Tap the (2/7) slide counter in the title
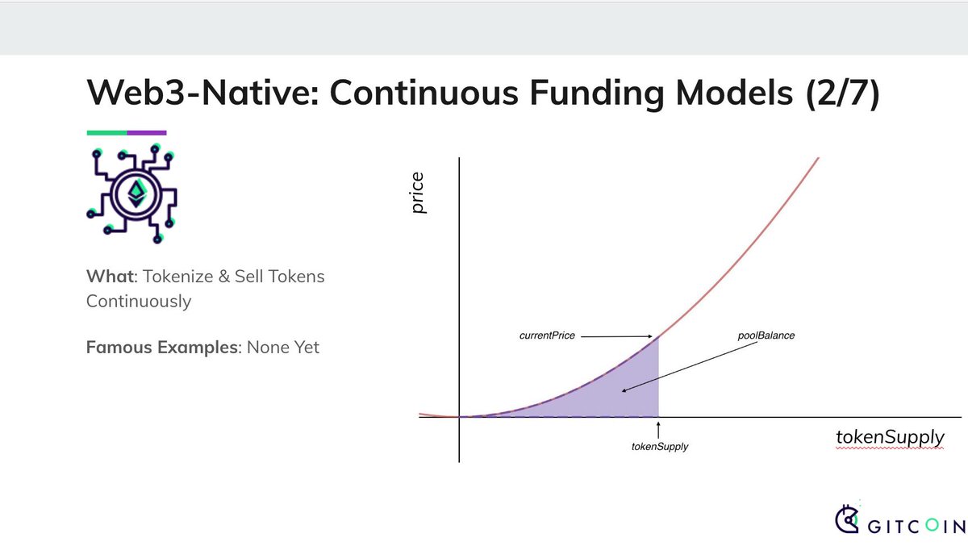pyautogui.click(x=843, y=94)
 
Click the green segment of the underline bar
pyautogui.click(x=106, y=132)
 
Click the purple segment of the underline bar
pyautogui.click(x=147, y=132)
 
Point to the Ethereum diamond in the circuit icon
pyautogui.click(x=137, y=194)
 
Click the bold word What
pyautogui.click(x=111, y=277)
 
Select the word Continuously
pyautogui.click(x=139, y=302)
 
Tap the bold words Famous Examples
pyautogui.click(x=162, y=348)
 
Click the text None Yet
pyautogui.click(x=283, y=348)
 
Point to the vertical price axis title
pyautogui.click(x=418, y=193)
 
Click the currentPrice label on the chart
pyautogui.click(x=547, y=335)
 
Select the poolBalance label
pyautogui.click(x=766, y=335)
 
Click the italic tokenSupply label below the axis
pyautogui.click(x=660, y=447)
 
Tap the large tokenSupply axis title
pyautogui.click(x=891, y=437)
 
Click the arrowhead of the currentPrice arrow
pyautogui.click(x=650, y=336)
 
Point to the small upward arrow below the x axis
pyautogui.click(x=658, y=431)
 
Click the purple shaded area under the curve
pyautogui.click(x=622, y=394)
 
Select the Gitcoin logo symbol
pyautogui.click(x=847, y=519)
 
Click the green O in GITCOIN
pyautogui.click(x=933, y=525)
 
